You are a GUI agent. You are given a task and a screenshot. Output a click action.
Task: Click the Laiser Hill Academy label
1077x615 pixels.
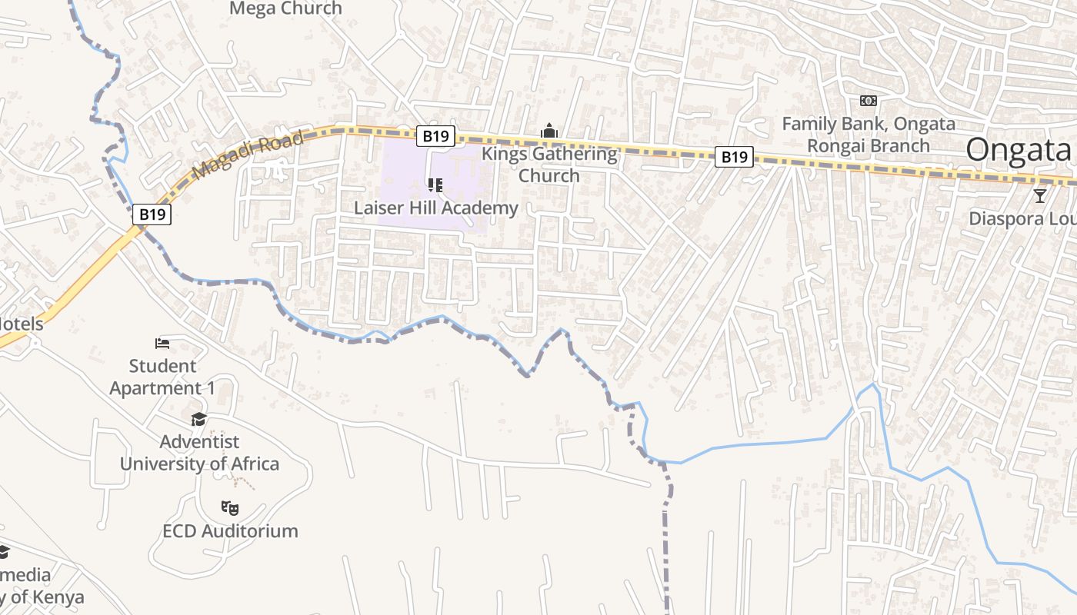(x=435, y=208)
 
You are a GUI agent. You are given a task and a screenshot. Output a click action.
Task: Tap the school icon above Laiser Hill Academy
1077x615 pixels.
(x=435, y=184)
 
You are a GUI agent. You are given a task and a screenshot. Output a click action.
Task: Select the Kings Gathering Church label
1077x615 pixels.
(x=549, y=165)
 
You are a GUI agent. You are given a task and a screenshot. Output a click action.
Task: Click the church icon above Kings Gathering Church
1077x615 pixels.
(x=549, y=131)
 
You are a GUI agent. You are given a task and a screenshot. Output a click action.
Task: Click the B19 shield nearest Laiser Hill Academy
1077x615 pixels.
(x=436, y=136)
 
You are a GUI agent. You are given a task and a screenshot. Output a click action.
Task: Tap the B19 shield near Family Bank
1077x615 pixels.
(x=733, y=157)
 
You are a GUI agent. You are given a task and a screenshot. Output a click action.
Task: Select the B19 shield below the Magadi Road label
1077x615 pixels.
(x=152, y=214)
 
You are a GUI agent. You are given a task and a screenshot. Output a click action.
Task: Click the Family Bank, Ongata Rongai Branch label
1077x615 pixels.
(x=869, y=135)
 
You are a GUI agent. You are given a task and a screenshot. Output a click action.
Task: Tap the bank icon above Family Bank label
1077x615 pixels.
(x=868, y=101)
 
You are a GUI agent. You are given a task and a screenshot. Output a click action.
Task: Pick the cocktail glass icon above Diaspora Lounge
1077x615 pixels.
(x=1040, y=195)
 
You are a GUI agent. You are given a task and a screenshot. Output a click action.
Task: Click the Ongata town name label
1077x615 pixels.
(x=1019, y=149)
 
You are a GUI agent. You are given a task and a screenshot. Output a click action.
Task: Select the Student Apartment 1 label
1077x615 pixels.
(x=162, y=377)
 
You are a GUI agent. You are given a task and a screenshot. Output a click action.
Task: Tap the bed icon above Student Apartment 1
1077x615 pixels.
(x=162, y=343)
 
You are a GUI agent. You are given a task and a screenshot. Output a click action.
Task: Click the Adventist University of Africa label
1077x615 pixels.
(x=199, y=453)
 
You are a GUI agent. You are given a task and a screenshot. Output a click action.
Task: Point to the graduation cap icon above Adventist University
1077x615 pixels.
(x=199, y=419)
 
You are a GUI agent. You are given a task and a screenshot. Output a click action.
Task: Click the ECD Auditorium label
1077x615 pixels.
(x=230, y=531)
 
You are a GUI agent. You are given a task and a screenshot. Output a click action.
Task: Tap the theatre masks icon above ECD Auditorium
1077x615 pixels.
(x=230, y=507)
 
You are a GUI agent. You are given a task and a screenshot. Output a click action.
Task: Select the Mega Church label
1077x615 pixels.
(x=285, y=8)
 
